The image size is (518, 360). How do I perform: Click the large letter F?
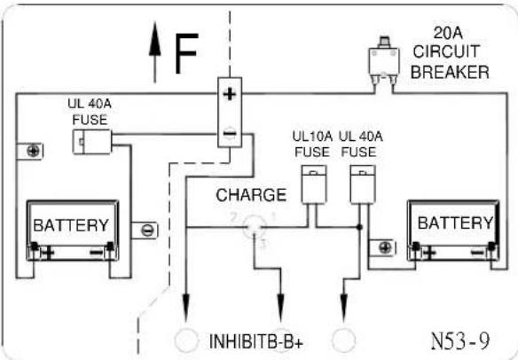pyautogui.click(x=186, y=53)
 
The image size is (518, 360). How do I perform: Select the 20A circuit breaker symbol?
pyautogui.click(x=383, y=62)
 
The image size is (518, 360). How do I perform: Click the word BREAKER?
pyautogui.click(x=450, y=72)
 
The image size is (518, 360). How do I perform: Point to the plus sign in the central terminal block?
pyautogui.click(x=230, y=95)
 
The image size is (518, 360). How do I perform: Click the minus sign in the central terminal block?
pyautogui.click(x=230, y=133)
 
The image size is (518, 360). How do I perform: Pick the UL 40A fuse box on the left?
pyautogui.click(x=92, y=142)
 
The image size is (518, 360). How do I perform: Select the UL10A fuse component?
pyautogui.click(x=314, y=184)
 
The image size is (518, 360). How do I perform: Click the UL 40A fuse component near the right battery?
pyautogui.click(x=363, y=184)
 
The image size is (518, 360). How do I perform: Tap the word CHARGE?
pyautogui.click(x=251, y=195)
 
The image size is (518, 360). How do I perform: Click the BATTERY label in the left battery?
pyautogui.click(x=71, y=225)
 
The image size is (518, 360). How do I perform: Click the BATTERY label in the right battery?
pyautogui.click(x=456, y=223)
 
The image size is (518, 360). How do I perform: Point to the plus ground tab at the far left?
pyautogui.click(x=30, y=152)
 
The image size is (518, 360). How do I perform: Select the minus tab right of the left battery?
pyautogui.click(x=145, y=231)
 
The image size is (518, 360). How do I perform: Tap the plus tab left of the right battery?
pyautogui.click(x=382, y=247)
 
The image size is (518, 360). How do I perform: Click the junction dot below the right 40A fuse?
pyautogui.click(x=360, y=227)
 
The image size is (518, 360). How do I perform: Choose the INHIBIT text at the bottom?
pyautogui.click(x=234, y=341)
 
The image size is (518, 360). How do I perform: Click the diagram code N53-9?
pyautogui.click(x=460, y=340)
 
